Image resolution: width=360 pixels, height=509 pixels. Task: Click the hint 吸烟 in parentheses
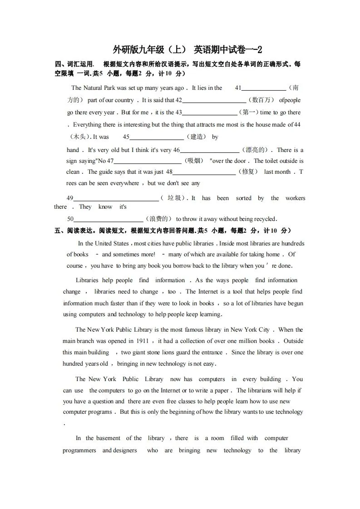click(x=195, y=161)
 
